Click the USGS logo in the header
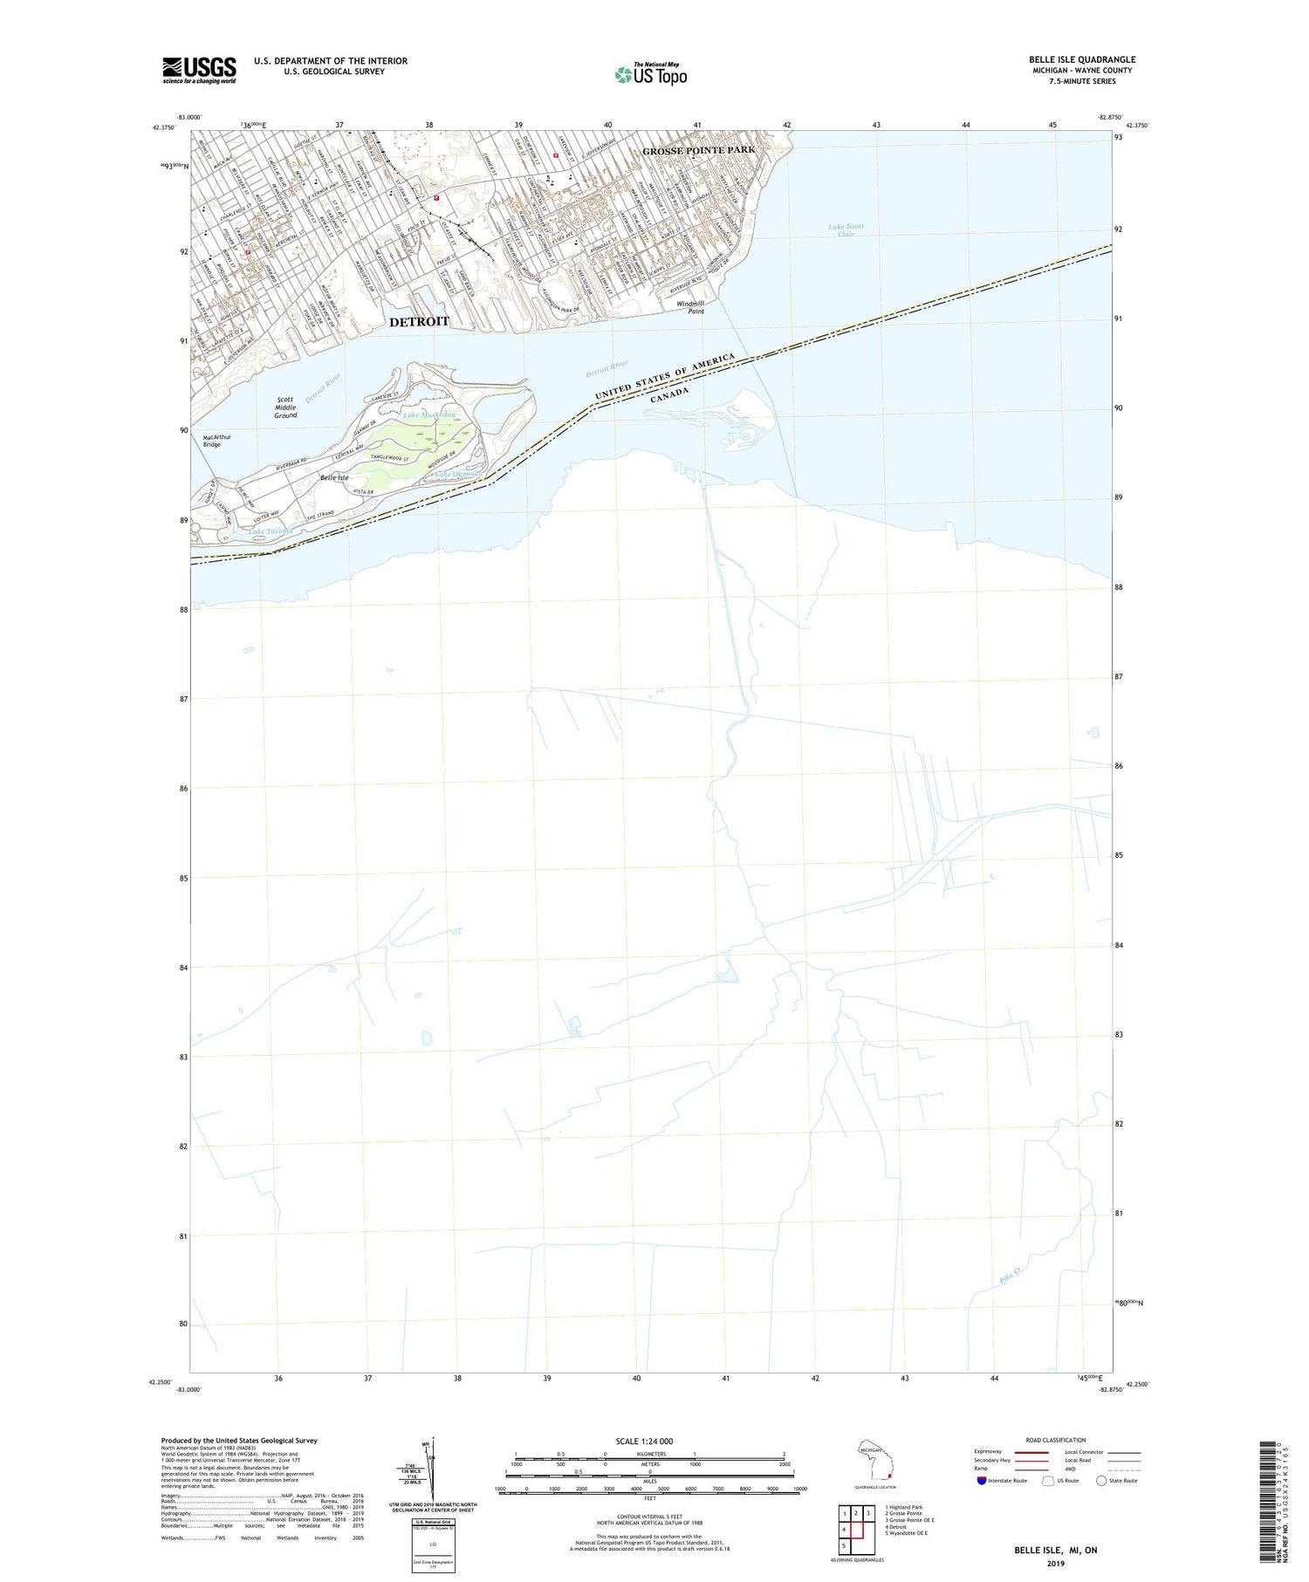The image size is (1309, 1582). pos(199,70)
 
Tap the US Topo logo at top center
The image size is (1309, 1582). pos(650,75)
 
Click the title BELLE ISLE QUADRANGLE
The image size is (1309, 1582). pos(1081,59)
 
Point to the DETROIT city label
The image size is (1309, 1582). pos(419,322)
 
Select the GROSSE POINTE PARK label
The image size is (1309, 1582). pos(698,151)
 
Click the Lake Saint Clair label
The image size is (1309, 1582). pos(846,230)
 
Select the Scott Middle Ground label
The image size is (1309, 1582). pos(285,407)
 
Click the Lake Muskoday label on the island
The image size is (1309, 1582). pos(429,415)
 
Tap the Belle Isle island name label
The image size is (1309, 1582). pos(333,478)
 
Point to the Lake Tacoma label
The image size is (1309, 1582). pos(270,531)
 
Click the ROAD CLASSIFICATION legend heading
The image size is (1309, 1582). pos(1055,1441)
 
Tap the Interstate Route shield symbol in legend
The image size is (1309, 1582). pos(982,1481)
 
